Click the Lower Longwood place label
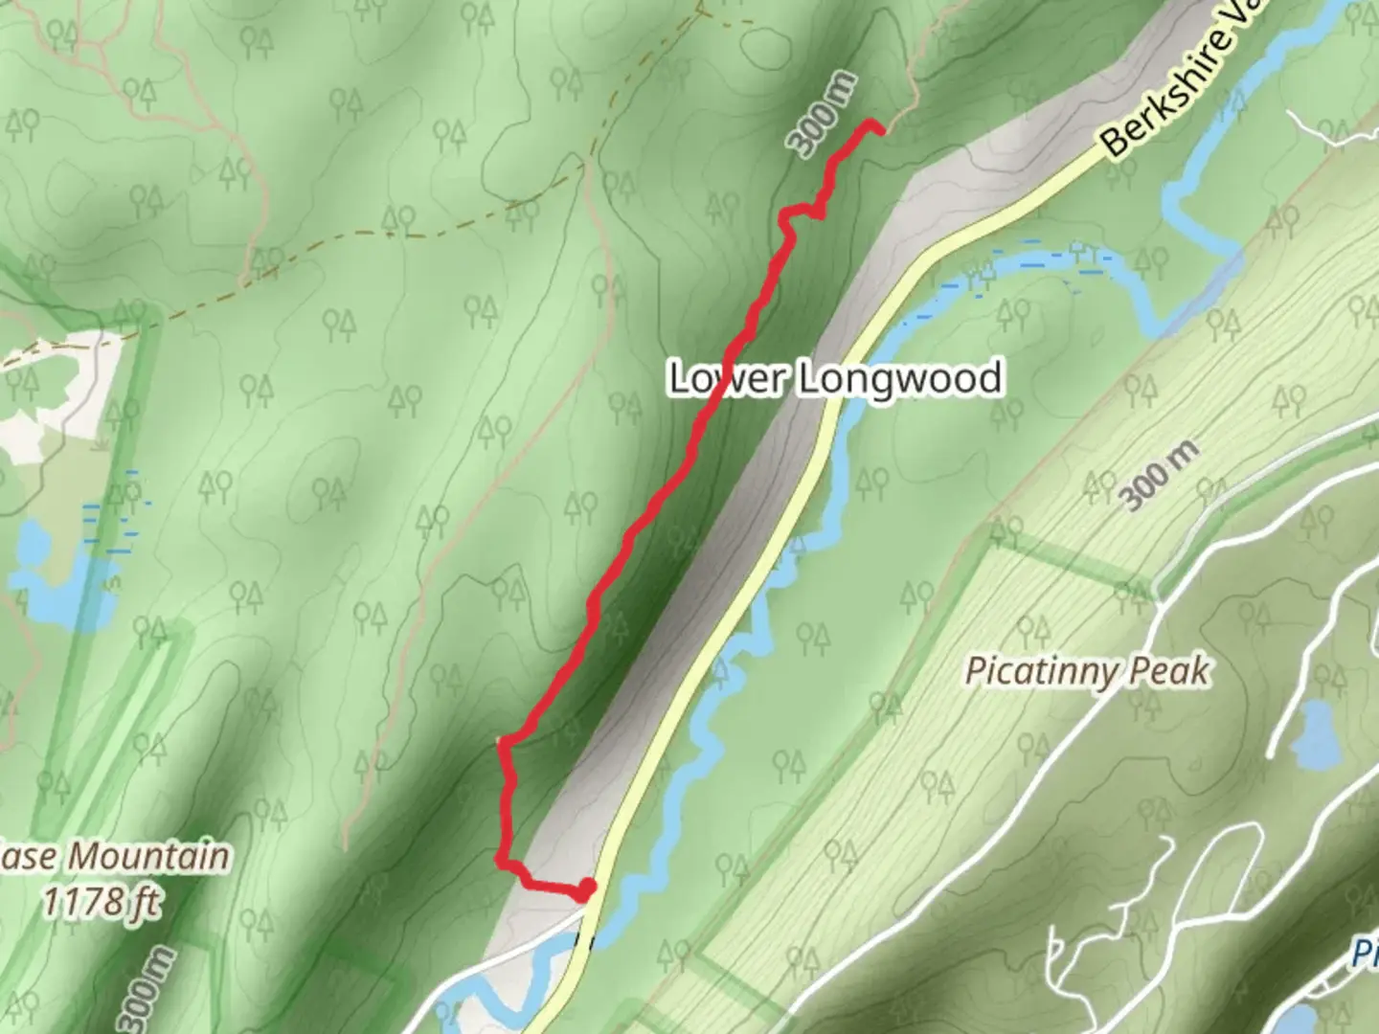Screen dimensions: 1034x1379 835,377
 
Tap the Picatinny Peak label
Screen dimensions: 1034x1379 1087,670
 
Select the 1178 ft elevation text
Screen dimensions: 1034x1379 102,901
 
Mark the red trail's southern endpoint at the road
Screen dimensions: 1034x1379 585,890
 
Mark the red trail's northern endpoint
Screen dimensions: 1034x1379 872,124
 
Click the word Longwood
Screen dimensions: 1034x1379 901,377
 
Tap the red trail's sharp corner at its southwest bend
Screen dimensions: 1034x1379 500,859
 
